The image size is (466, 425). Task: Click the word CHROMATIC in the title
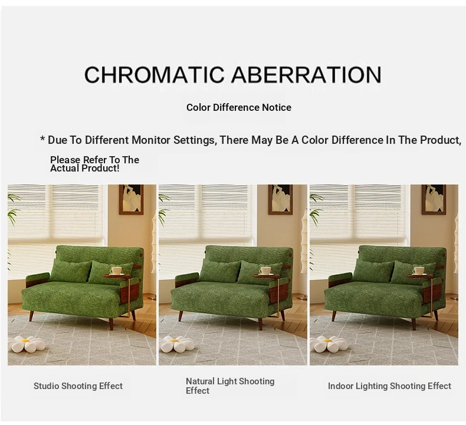pos(154,74)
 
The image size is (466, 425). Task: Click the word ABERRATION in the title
pos(306,74)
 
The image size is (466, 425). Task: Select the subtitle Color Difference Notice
pos(239,107)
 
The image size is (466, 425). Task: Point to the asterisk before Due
pos(42,139)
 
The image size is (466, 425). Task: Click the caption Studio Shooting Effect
pos(78,386)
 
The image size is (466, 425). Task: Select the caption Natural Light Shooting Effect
pos(230,386)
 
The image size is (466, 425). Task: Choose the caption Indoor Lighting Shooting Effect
pos(389,386)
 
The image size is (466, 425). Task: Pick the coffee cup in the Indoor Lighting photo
pos(419,271)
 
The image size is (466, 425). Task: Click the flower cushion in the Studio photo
pos(26,344)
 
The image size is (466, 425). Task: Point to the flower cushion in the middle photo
pos(178,344)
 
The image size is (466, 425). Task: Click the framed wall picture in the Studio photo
pos(131,199)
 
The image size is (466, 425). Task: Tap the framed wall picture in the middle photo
pos(281,199)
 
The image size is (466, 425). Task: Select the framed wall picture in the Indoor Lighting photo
pos(434,199)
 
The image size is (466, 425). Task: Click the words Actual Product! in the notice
pos(85,169)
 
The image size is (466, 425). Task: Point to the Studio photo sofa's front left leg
pos(31,315)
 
